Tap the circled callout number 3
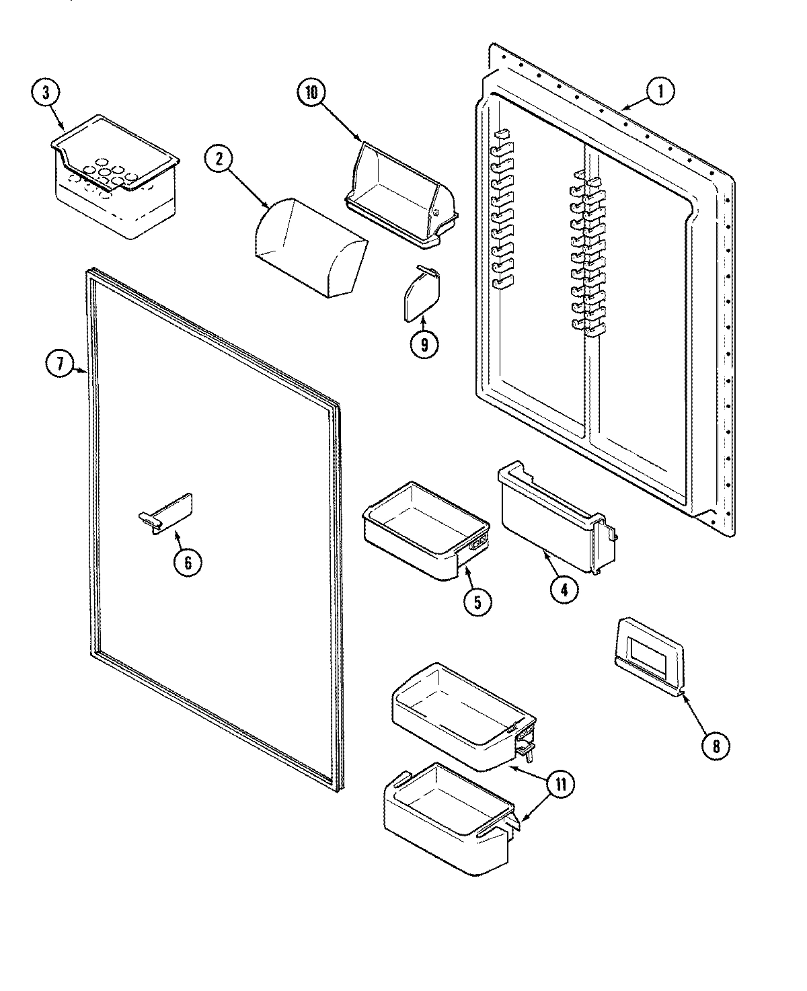coord(46,93)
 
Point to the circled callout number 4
coord(564,588)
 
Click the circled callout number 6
coord(188,561)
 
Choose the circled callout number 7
coord(60,364)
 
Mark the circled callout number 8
coord(716,745)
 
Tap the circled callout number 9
coord(424,344)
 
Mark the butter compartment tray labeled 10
coord(401,190)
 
